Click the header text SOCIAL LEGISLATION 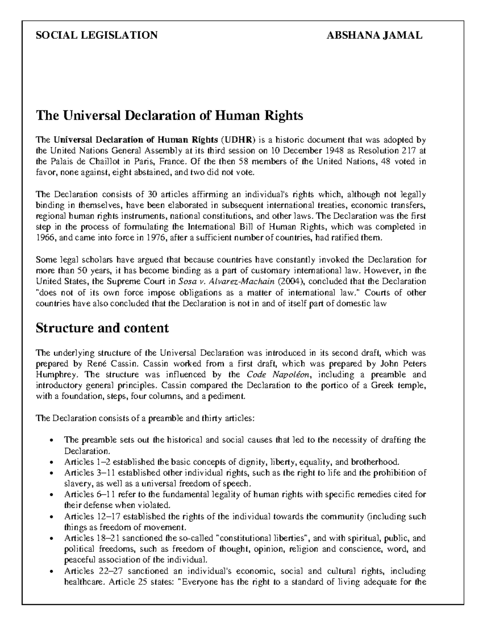(x=97, y=35)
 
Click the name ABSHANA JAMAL (x=374, y=35)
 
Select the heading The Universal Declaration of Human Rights (x=169, y=116)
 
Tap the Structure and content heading (x=102, y=328)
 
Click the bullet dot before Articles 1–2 (x=50, y=462)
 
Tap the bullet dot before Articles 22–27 (x=50, y=571)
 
